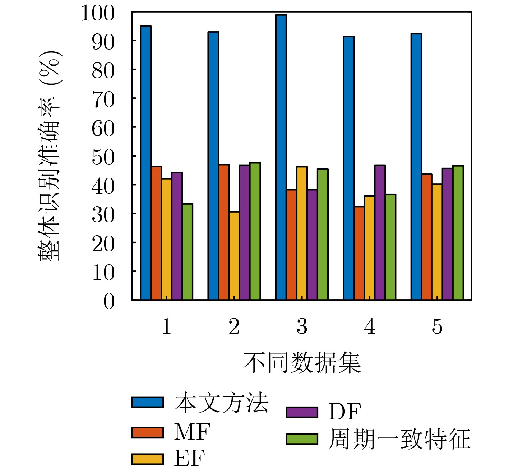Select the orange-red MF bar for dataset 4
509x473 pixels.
click(x=359, y=253)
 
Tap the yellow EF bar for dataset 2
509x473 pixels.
click(x=234, y=256)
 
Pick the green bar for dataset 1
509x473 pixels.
click(x=187, y=252)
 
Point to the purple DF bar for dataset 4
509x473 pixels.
click(x=380, y=232)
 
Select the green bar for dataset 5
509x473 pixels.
click(x=458, y=232)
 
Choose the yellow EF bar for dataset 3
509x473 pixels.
click(x=302, y=233)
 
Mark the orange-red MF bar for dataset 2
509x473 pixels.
click(x=224, y=232)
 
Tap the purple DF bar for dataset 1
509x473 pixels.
click(x=177, y=236)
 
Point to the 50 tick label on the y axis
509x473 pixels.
click(x=103, y=157)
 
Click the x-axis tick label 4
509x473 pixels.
click(x=370, y=326)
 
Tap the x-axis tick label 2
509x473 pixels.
click(x=234, y=326)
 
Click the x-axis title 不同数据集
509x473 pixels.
click(x=302, y=363)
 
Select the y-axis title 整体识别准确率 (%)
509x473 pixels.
click(x=51, y=156)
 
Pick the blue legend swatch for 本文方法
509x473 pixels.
click(x=147, y=402)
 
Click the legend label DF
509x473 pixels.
click(x=344, y=412)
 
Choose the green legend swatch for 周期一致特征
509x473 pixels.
click(x=302, y=439)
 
